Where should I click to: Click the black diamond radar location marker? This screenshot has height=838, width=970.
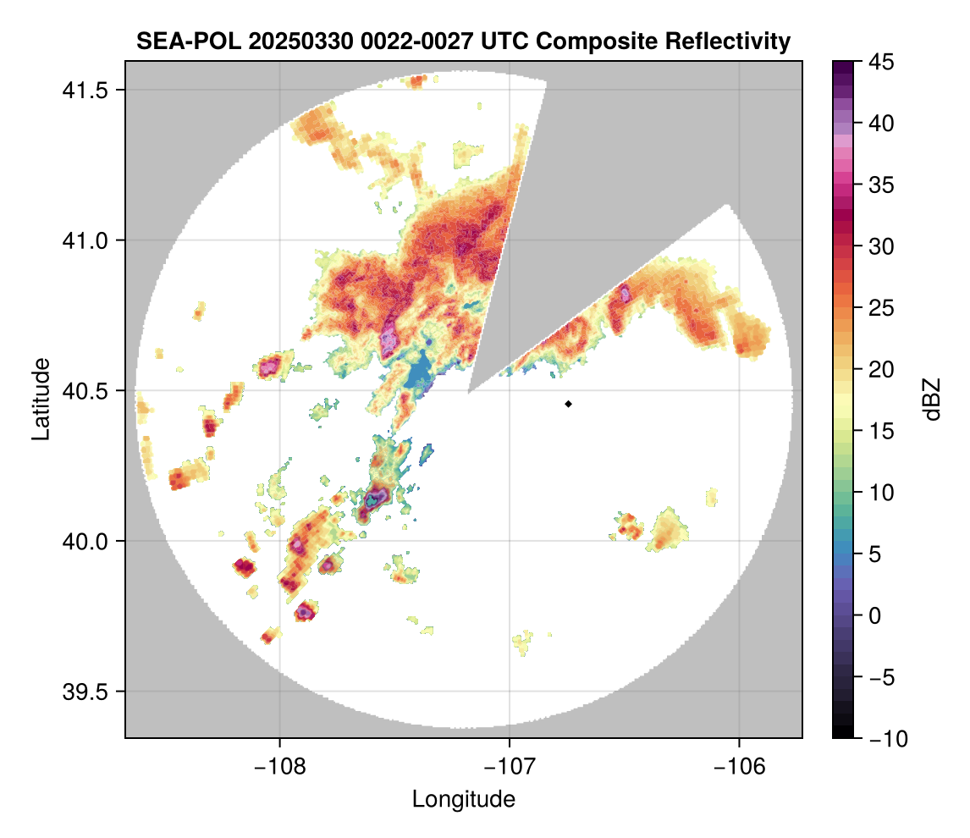point(569,404)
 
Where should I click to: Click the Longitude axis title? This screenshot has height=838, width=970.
point(463,798)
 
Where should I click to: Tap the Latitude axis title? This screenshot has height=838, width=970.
point(40,398)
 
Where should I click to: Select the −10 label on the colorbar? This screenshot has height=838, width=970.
point(884,738)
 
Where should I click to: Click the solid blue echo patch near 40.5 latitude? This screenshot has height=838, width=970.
point(417,372)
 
